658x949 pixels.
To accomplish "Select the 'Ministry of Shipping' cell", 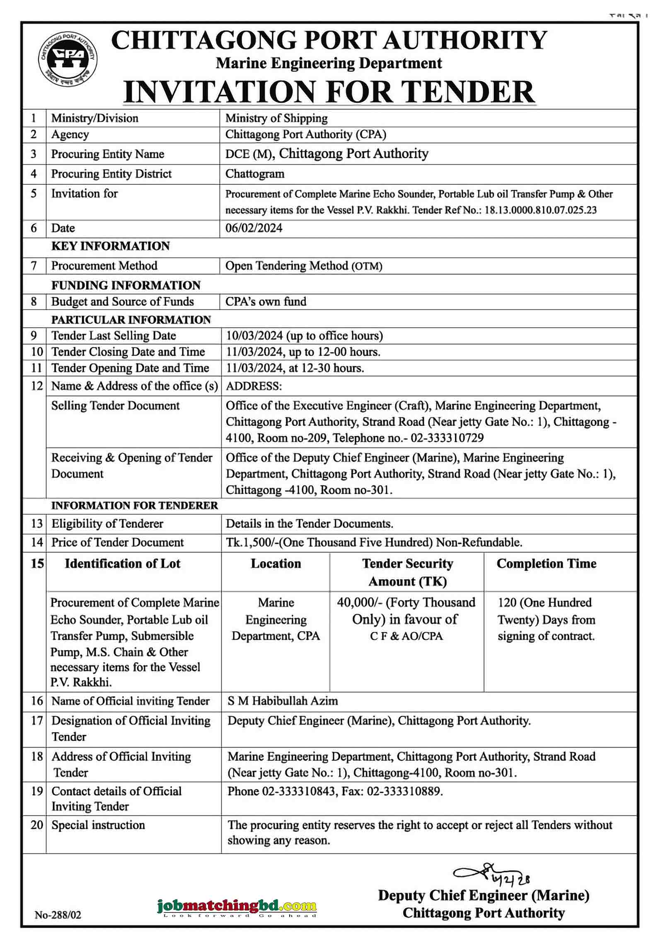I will coord(276,119).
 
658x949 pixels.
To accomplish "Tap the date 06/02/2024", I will coord(254,228).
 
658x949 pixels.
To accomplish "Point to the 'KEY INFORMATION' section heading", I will coord(110,246).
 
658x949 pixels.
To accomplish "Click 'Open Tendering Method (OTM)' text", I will coord(303,266).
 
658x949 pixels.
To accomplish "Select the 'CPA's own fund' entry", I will coord(266,302).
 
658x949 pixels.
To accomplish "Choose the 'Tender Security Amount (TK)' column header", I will coord(407,572).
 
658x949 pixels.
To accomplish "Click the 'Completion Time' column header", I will coord(546,564).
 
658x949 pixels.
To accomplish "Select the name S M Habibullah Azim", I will coord(283,701).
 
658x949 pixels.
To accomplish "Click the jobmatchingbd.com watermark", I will coord(237,906).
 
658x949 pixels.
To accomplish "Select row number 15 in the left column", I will coord(37,564).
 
